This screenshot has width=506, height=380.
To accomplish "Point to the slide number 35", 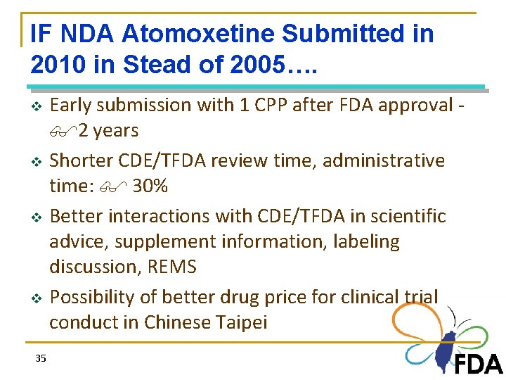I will click(x=41, y=359).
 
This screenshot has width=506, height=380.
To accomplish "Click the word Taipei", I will click(x=242, y=322).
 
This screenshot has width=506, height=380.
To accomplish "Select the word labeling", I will click(x=363, y=241).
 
